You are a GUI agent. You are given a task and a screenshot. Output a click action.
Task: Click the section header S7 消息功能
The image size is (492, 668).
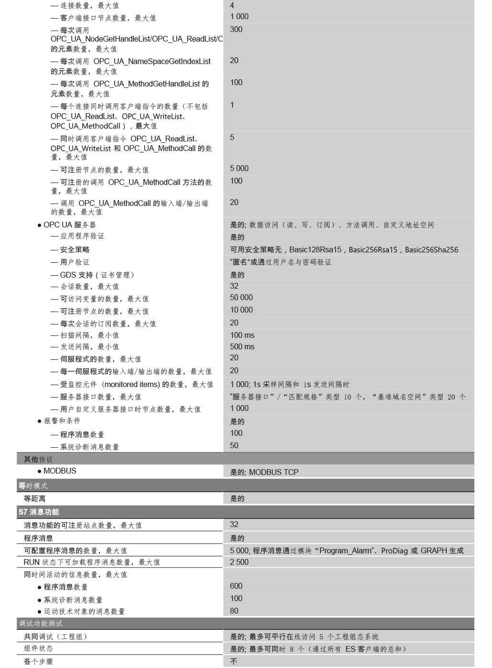pos(39,512)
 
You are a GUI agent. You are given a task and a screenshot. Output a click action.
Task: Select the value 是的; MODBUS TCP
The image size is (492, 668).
pos(264,472)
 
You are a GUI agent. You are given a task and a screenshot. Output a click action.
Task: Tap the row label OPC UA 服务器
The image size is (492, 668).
pos(69,225)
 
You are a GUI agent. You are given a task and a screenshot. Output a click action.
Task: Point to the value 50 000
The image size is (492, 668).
pos(241,297)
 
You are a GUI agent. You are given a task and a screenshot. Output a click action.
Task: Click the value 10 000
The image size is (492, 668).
pos(241,310)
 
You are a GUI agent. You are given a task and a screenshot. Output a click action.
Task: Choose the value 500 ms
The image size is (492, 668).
pos(242,346)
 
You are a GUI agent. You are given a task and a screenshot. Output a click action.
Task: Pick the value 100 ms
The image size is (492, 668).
pos(242,335)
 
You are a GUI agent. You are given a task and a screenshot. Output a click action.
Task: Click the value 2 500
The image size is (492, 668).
pos(239,562)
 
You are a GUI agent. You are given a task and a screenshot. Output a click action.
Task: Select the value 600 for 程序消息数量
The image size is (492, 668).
pos(236,586)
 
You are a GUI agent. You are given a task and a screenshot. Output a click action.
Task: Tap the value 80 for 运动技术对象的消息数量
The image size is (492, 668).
pos(234,611)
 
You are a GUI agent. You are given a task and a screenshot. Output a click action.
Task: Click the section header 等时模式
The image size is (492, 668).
pos(33,485)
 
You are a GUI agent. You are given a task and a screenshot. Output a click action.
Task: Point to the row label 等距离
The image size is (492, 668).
pos(35,498)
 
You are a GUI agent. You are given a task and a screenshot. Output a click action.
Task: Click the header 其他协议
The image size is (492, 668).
pos(38,459)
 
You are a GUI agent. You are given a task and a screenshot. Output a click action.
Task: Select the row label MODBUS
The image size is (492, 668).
pos(60,471)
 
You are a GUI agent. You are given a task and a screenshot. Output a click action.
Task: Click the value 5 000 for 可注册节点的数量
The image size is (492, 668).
pos(239,168)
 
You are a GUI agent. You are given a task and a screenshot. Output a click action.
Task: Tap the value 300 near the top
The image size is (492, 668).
pos(236,29)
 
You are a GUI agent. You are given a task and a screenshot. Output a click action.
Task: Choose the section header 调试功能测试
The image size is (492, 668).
pos(41,623)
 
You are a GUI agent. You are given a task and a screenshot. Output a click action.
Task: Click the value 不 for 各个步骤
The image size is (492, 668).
pos(234,661)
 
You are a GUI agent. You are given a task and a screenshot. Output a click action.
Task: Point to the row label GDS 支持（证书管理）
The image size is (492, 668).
pos(97,275)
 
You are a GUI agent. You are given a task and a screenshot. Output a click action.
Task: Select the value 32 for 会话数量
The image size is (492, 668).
pos(234,286)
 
